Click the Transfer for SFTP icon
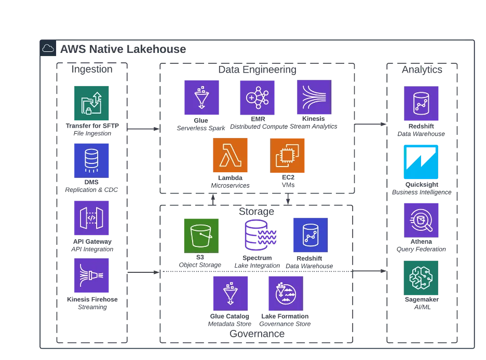tap(91, 103)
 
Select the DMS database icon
tap(91, 161)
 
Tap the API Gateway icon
tap(91, 218)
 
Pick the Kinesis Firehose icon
tap(91, 275)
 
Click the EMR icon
tap(257, 98)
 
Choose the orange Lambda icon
tap(231, 155)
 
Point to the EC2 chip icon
tap(287, 156)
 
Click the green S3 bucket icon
tap(201, 236)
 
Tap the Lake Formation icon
tap(286, 294)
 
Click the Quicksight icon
tap(421, 162)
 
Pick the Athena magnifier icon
tap(421, 220)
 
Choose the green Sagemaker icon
tap(421, 278)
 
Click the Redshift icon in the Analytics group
tap(421, 103)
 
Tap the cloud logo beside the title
tap(48, 48)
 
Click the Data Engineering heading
tap(257, 70)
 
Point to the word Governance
tap(257, 334)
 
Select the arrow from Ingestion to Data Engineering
tap(143, 129)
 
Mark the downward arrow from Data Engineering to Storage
tap(288, 199)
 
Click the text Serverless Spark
tap(201, 128)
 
